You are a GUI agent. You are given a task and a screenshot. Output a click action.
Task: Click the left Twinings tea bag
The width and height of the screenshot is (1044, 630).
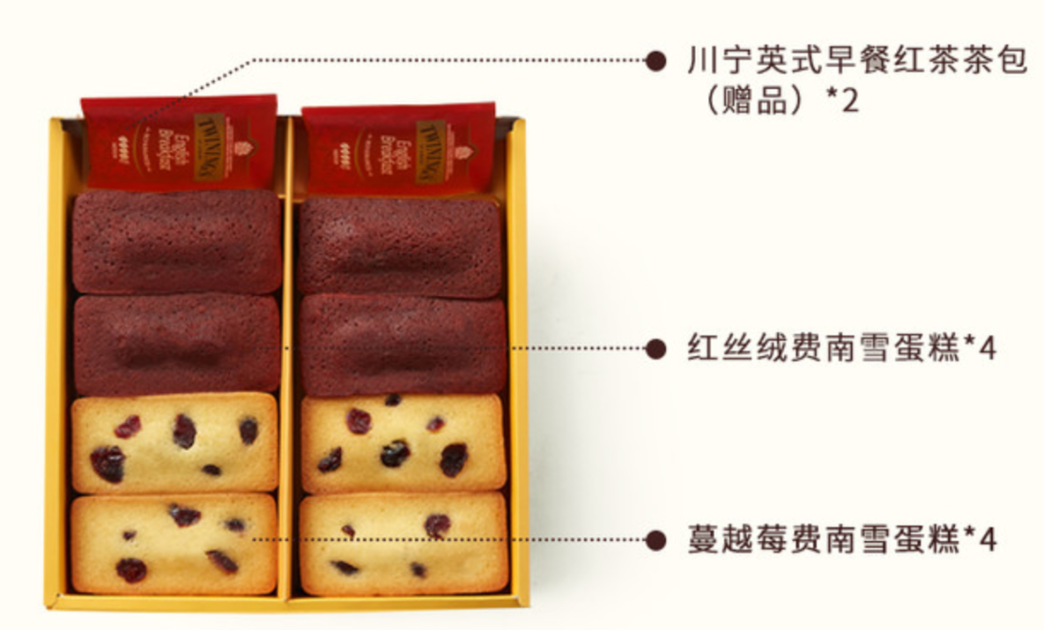pyautogui.click(x=179, y=142)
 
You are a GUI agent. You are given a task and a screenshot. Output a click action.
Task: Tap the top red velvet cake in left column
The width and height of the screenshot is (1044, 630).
pyautogui.click(x=177, y=242)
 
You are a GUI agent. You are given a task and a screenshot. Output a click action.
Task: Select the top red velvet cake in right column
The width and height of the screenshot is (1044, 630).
pyautogui.click(x=399, y=247)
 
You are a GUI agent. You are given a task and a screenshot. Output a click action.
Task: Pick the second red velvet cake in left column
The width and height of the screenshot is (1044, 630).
pyautogui.click(x=177, y=345)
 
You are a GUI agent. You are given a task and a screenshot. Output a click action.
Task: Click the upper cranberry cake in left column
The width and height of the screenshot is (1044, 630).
pyautogui.click(x=174, y=442)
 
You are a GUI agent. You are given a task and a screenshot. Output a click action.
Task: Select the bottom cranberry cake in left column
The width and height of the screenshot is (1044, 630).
pyautogui.click(x=174, y=544)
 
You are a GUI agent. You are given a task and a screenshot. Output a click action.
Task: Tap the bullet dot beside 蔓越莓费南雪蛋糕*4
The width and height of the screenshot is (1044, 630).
pyautogui.click(x=656, y=539)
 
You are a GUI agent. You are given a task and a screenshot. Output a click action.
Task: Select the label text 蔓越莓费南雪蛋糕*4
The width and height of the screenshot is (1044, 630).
pyautogui.click(x=841, y=539)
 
